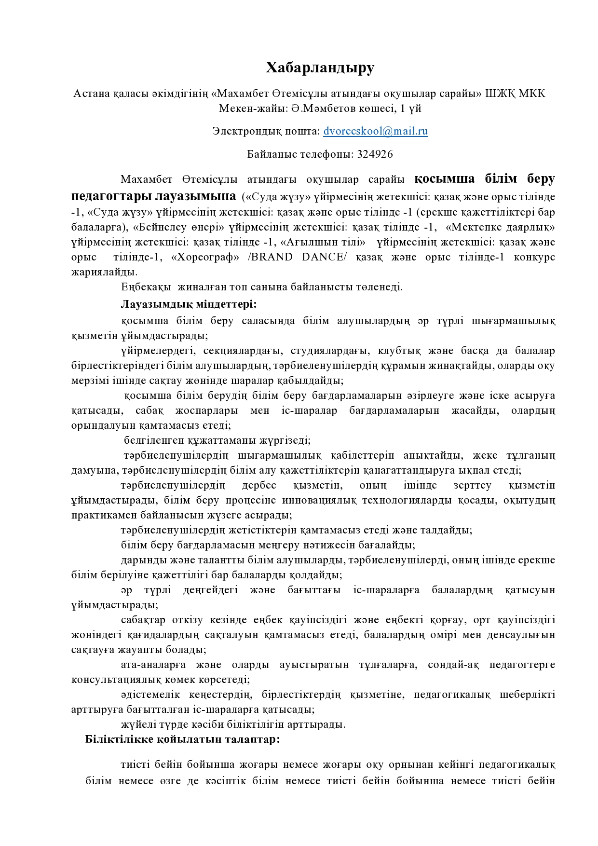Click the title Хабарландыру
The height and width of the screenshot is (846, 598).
pyautogui.click(x=320, y=68)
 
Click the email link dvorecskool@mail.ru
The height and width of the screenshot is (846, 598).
pyautogui.click(x=376, y=131)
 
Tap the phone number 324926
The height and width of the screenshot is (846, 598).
pyautogui.click(x=375, y=154)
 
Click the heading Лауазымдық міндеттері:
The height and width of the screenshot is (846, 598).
pyautogui.click(x=189, y=304)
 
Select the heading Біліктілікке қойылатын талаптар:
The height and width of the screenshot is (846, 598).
pyautogui.click(x=183, y=739)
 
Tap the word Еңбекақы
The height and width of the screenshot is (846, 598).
pyautogui.click(x=146, y=287)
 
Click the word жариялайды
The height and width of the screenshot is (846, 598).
pyautogui.click(x=104, y=272)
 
